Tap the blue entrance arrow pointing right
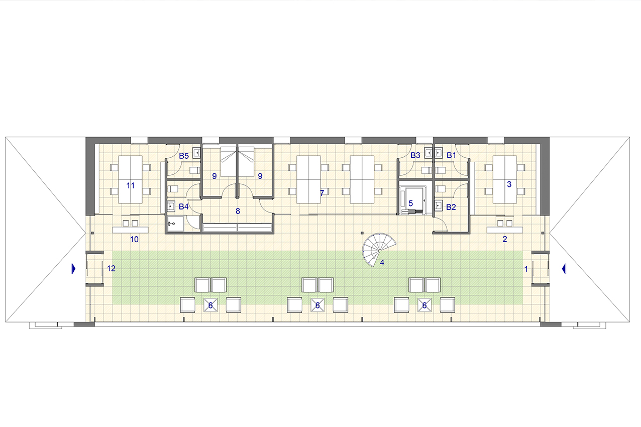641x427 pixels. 73,269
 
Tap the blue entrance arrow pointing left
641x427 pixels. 564,269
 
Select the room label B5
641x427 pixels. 184,156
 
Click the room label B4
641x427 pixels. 183,206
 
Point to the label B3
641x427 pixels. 415,155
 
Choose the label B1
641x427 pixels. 451,155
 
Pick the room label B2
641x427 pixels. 451,207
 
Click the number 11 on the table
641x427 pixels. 131,186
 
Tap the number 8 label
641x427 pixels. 238,211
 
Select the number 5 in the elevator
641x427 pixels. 410,203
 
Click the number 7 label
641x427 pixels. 322,193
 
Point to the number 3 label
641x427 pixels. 509,184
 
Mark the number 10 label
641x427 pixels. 134,239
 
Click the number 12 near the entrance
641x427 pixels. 111,268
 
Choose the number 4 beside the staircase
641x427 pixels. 382,262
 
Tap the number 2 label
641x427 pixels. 505,239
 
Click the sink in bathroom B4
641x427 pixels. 171,206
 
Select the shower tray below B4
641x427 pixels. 175,224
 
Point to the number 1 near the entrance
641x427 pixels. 526,269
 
